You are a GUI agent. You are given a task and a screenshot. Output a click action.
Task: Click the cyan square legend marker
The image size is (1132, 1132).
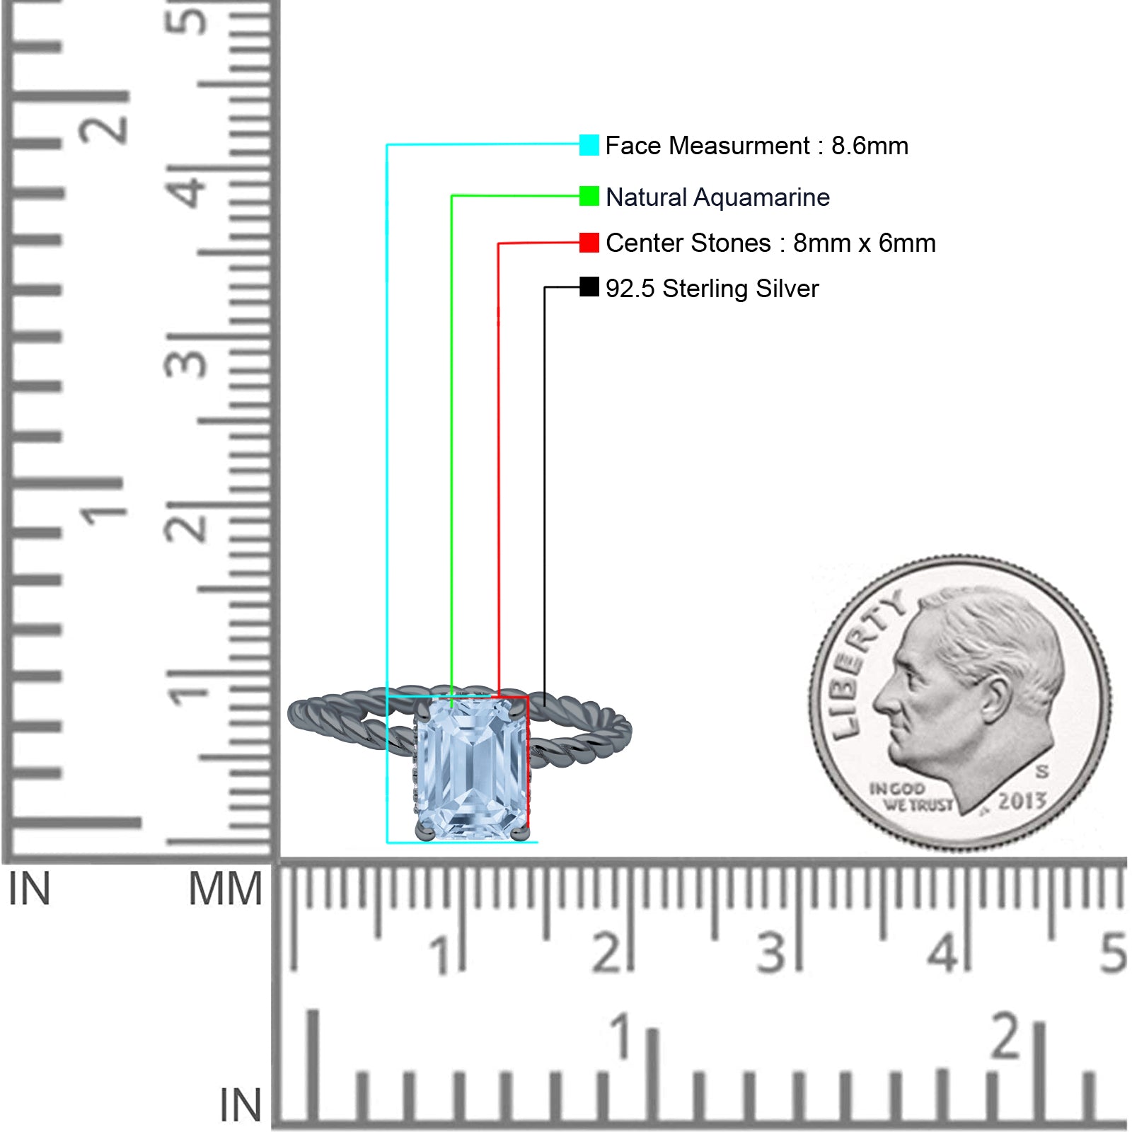[589, 145]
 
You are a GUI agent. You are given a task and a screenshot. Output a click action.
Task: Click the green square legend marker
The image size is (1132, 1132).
[589, 196]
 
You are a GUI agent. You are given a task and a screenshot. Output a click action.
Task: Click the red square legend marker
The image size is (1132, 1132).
[589, 243]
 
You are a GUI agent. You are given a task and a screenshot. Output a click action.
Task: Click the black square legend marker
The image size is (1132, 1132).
[589, 287]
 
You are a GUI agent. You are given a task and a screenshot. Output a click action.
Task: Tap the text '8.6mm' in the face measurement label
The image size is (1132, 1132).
[870, 146]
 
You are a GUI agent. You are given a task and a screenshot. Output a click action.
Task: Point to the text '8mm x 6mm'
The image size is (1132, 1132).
[864, 243]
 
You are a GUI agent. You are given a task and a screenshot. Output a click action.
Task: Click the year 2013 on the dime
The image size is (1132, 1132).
[1022, 801]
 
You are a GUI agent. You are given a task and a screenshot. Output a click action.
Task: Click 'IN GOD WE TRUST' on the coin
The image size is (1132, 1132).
[910, 797]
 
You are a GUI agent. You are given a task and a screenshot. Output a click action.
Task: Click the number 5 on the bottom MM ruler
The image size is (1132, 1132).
[1113, 952]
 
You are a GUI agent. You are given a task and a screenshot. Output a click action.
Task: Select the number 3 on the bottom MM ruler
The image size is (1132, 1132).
[771, 952]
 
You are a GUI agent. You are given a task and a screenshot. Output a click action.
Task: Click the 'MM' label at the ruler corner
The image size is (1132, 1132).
[225, 889]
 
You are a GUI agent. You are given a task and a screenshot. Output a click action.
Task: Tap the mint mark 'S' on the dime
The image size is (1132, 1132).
[1041, 770]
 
